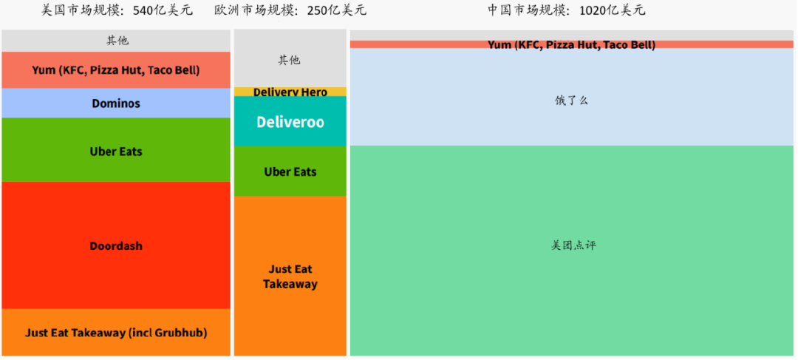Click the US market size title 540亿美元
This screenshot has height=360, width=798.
[x=116, y=10]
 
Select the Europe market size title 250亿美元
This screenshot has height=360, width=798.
[x=290, y=10]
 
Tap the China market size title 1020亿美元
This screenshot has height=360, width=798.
[x=566, y=10]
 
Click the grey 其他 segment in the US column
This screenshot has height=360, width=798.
[x=116, y=41]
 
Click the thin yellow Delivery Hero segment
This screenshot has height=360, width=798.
[x=290, y=92]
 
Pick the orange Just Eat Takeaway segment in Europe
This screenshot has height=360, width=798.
[x=290, y=310]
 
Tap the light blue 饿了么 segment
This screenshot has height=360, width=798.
[x=571, y=118]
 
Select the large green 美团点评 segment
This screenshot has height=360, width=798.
[x=571, y=296]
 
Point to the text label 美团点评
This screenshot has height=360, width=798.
[x=573, y=245]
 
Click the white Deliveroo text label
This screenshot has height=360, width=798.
[x=290, y=122]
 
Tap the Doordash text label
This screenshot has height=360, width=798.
[x=116, y=246]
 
